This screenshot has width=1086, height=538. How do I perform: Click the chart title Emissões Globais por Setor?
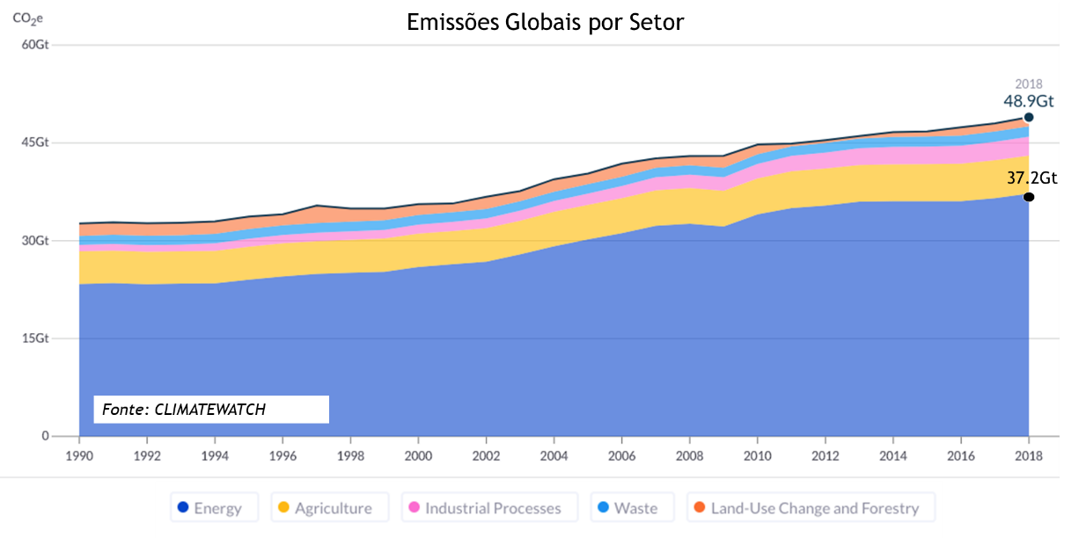point(545,22)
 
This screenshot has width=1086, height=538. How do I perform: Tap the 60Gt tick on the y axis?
point(34,44)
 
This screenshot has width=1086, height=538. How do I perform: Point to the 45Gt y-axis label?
point(34,142)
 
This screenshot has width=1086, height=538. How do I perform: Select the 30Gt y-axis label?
point(34,241)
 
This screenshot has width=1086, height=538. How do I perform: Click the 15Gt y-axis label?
point(34,338)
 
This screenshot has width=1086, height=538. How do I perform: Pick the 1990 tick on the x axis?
point(79,455)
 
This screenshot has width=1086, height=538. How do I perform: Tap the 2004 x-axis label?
point(554,455)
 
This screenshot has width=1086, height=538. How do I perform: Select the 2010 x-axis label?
point(757,455)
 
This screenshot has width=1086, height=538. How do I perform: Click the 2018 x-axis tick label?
point(1028,455)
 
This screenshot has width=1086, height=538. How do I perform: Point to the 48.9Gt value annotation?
point(1028,101)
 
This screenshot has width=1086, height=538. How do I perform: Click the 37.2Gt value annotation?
point(1031,178)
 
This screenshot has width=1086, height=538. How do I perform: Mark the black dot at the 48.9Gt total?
point(1028,117)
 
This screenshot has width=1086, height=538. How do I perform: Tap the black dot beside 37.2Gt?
point(1028,197)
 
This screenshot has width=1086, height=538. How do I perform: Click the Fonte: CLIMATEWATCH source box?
point(211,410)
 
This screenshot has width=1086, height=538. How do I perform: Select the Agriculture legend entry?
point(325,508)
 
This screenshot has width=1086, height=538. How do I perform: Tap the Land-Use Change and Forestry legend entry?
point(806,508)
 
